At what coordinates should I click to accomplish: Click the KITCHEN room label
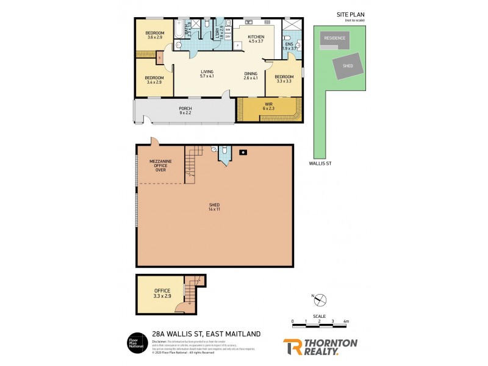[256, 40]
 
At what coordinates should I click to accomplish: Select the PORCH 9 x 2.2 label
[185, 111]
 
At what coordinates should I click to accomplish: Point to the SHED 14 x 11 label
[213, 207]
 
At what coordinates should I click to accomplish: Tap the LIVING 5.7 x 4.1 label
[207, 74]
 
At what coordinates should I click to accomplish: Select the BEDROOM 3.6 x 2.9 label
[155, 35]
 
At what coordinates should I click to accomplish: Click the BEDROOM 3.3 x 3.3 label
[284, 79]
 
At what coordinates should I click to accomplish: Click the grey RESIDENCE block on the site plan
[334, 38]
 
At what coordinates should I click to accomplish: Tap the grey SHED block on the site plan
[348, 65]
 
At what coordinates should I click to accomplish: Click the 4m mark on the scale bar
[346, 321]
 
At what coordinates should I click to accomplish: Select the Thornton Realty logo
[320, 346]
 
